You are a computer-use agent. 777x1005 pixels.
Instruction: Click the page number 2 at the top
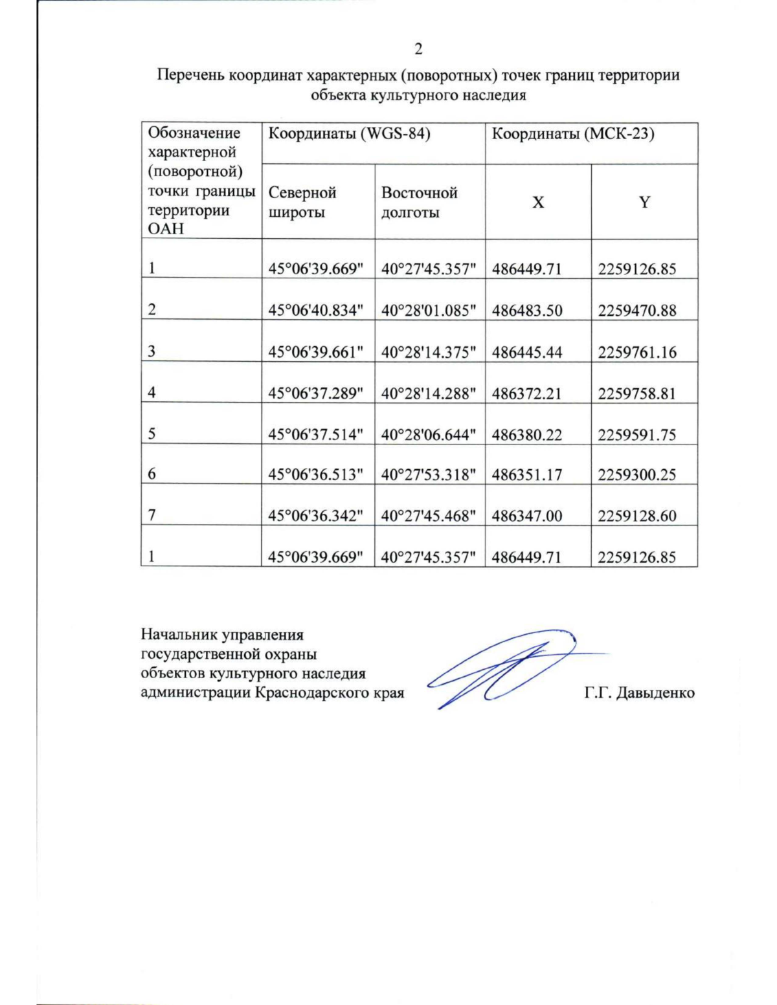[418, 50]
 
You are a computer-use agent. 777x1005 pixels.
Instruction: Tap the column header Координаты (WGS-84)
[349, 134]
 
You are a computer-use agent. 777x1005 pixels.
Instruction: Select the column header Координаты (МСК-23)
[572, 134]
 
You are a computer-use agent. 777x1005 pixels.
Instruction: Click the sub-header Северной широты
[302, 203]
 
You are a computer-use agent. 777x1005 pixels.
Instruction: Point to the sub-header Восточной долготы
[419, 203]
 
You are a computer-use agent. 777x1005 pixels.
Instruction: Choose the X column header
[538, 203]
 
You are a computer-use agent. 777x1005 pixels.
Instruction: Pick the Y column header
[644, 203]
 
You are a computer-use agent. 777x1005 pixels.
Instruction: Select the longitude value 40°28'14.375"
[429, 352]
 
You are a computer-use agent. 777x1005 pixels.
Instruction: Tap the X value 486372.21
[526, 393]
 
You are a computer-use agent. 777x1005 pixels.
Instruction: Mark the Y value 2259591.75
[636, 434]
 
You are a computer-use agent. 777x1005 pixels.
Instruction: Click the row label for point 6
[152, 474]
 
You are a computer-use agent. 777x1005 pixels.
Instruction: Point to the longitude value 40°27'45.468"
[429, 516]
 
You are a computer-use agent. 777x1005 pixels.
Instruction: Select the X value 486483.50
[526, 311]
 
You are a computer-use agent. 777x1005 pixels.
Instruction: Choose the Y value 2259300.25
[636, 474]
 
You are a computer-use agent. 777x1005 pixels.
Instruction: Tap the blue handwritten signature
[505, 667]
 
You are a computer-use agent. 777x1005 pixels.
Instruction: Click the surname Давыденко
[655, 692]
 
